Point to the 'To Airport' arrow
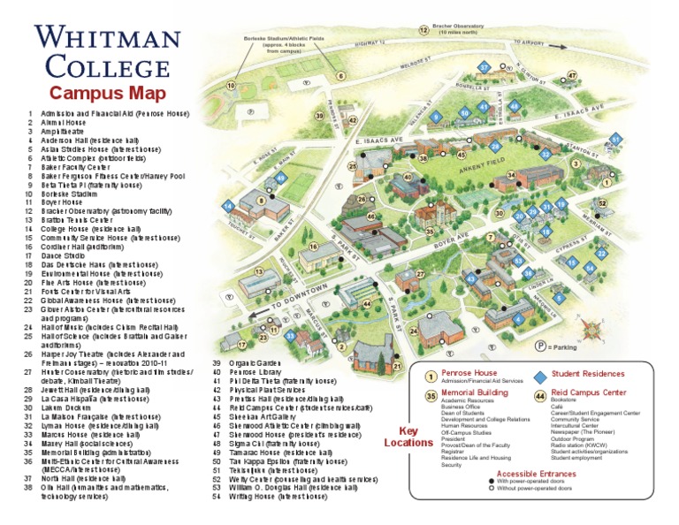[x=531, y=42]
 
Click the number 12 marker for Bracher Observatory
[x=423, y=30]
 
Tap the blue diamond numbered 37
[x=484, y=67]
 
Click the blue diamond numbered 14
[x=228, y=206]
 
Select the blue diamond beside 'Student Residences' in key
[x=539, y=376]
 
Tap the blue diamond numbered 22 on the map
[x=602, y=254]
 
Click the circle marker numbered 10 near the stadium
[x=231, y=86]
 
